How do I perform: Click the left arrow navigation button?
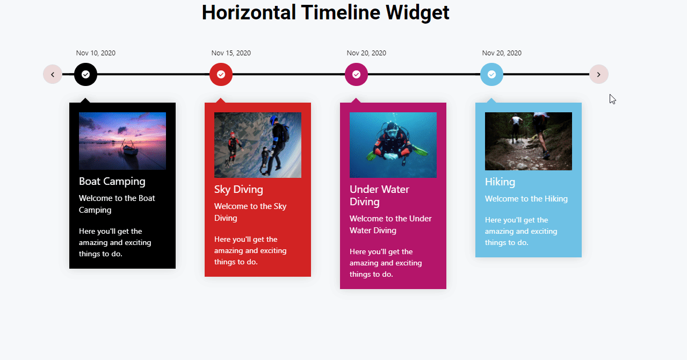click(x=53, y=74)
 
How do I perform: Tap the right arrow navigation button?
click(x=599, y=74)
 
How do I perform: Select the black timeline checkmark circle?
click(x=85, y=74)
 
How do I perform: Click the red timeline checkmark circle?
click(x=221, y=74)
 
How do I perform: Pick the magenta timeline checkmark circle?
click(x=356, y=74)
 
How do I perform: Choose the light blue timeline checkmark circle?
click(x=491, y=74)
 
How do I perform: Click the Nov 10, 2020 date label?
click(x=96, y=53)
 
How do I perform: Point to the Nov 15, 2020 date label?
click(x=231, y=53)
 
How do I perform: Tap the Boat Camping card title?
click(x=112, y=182)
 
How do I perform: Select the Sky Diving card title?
click(x=238, y=189)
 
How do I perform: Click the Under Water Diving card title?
click(x=379, y=195)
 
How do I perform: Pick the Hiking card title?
click(x=500, y=182)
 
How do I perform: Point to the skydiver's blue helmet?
click(x=273, y=120)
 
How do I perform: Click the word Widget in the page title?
click(x=417, y=13)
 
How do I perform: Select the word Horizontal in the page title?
click(x=249, y=12)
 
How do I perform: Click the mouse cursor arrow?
click(x=612, y=99)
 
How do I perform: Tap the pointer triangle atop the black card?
click(x=85, y=100)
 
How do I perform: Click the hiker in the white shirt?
click(x=516, y=126)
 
